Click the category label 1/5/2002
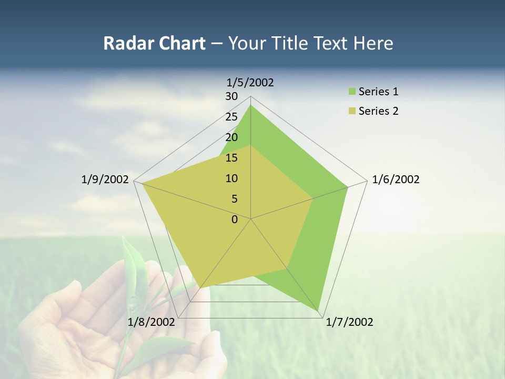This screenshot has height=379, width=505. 250,83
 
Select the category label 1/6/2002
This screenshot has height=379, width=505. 396,179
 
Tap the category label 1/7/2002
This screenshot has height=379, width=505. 349,322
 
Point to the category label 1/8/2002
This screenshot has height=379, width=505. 151,322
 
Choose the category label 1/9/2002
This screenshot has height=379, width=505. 105,179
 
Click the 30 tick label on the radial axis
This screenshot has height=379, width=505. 231,96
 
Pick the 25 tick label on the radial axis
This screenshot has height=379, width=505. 231,117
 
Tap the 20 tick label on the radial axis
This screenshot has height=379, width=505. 231,137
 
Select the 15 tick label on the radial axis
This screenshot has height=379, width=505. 231,158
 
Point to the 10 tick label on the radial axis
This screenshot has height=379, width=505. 231,178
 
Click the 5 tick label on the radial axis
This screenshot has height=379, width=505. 234,199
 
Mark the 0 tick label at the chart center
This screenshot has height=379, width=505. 235,220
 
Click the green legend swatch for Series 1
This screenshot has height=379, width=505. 352,92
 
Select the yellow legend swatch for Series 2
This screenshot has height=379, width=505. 352,111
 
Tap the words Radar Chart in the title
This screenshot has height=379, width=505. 154,43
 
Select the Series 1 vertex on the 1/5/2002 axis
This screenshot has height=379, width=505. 250,105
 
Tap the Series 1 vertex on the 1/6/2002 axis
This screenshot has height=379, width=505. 348,187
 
